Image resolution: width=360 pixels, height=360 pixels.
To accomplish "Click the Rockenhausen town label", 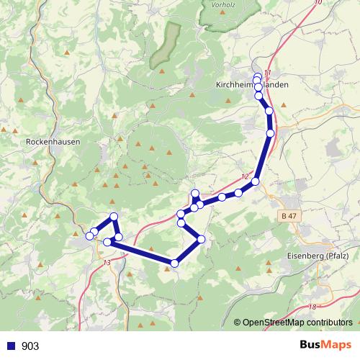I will [53, 143].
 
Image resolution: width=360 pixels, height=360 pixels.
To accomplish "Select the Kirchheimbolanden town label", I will [252, 84].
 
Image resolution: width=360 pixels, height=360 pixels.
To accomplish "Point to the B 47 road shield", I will [289, 215].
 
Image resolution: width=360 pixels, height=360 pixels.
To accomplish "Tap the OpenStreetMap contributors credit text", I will [297, 323].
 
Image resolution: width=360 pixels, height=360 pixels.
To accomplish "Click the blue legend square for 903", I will [11, 346].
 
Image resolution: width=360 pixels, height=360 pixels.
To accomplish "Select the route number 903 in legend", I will [30, 346].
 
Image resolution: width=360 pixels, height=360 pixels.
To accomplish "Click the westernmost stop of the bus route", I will [89, 235].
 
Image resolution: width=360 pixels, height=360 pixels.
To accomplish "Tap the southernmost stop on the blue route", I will [174, 263].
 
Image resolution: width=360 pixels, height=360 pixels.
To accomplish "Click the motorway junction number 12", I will [246, 177].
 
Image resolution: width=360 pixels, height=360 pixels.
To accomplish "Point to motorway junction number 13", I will [107, 263].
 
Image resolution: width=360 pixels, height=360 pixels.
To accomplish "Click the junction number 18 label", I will [312, 307].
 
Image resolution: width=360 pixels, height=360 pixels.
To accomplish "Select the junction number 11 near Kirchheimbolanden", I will [267, 73].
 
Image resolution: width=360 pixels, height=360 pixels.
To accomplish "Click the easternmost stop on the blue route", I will [271, 133].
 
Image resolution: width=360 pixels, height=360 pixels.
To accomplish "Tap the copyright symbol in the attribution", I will [238, 323].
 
